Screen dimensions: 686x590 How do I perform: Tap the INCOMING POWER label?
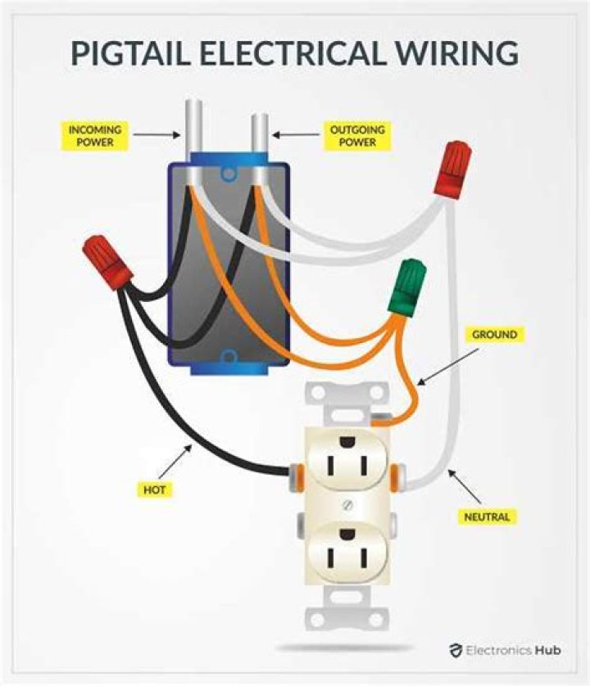click(95, 136)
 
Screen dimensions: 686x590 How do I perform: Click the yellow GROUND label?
click(494, 334)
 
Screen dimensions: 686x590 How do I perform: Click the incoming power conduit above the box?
click(195, 132)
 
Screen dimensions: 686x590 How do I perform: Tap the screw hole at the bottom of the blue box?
click(229, 356)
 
